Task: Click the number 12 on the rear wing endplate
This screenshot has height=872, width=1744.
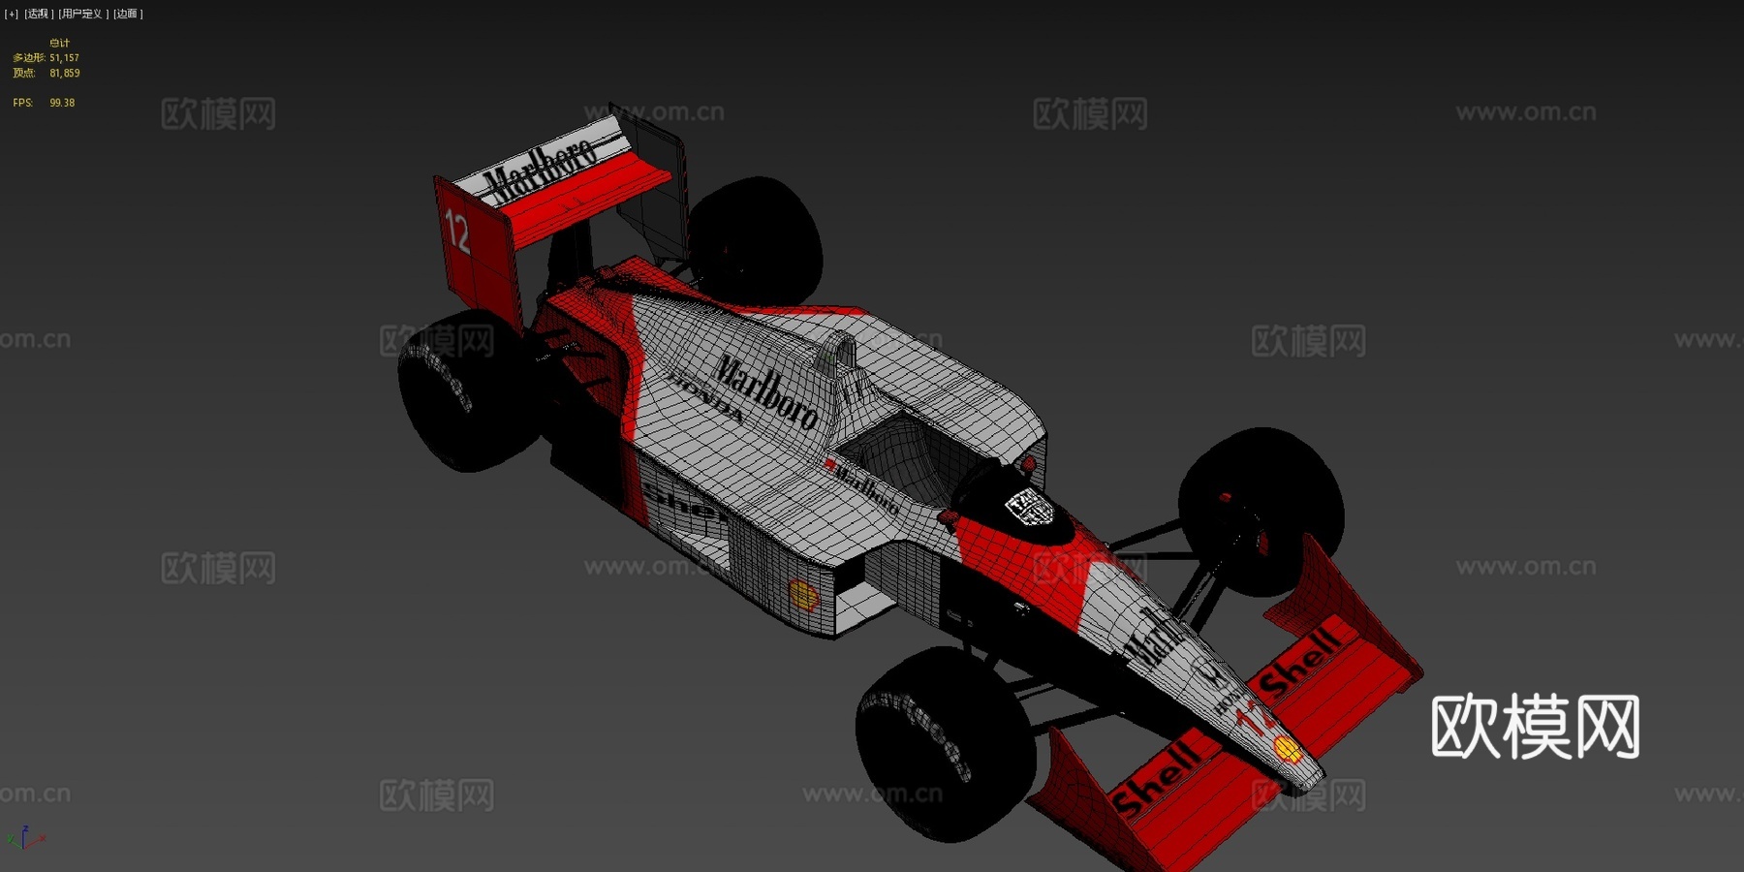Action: pos(457,233)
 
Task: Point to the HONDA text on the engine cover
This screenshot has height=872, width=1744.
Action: pos(705,397)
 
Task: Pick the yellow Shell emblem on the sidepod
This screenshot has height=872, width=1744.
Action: pos(803,595)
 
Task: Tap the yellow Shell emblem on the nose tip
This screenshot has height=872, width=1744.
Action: pos(1287,749)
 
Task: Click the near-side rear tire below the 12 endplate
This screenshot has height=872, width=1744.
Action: pos(465,392)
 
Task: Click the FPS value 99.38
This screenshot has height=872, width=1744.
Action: pos(62,103)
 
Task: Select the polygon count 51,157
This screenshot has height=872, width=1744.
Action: pos(65,58)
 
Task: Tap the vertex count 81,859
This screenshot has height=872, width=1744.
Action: pos(65,74)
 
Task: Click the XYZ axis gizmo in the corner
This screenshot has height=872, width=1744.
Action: pos(25,838)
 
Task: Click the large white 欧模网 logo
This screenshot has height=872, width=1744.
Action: pos(1535,727)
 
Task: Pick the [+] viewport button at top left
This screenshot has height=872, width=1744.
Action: pos(12,14)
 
